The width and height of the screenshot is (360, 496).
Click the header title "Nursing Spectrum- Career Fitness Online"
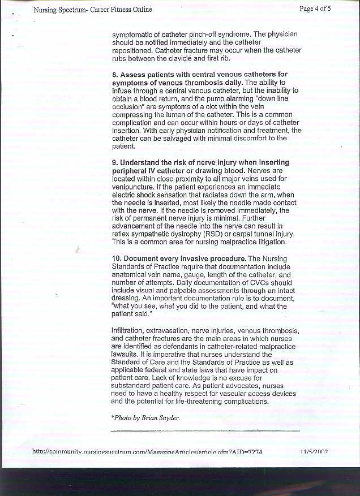(92, 10)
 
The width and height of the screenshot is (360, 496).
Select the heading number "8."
(115, 75)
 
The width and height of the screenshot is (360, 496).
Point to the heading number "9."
(115, 163)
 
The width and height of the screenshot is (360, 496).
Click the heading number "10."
(117, 258)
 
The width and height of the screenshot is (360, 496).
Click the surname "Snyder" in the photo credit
(169, 417)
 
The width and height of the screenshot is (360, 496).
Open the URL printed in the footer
(147, 451)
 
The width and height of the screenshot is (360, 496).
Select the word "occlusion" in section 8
(127, 106)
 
